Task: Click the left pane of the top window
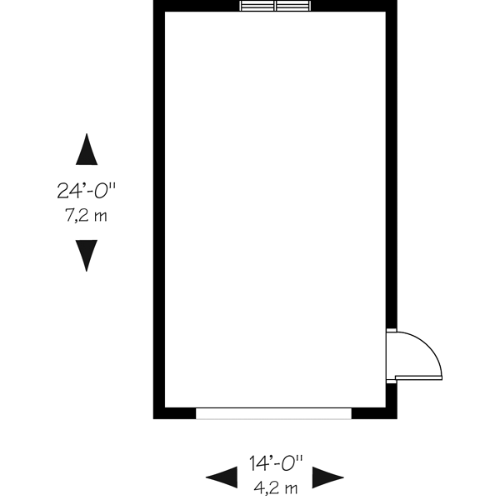tap(257, 7)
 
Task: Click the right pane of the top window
tap(292, 7)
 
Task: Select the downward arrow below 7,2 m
tap(86, 255)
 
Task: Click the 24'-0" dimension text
tap(86, 191)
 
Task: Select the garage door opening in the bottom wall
tap(273, 413)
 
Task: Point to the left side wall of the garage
tap(158, 208)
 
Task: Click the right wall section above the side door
tap(392, 167)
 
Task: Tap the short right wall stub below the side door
tap(392, 400)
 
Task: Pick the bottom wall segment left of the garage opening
tap(175, 413)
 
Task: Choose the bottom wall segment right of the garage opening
tap(373, 413)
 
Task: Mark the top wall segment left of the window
tap(197, 7)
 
